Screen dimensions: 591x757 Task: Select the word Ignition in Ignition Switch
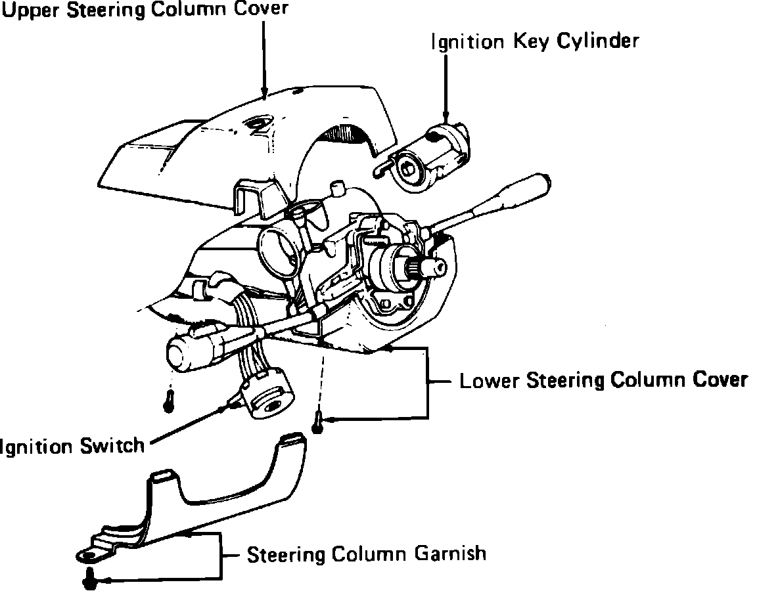point(35,447)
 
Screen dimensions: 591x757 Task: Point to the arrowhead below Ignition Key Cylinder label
point(446,120)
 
